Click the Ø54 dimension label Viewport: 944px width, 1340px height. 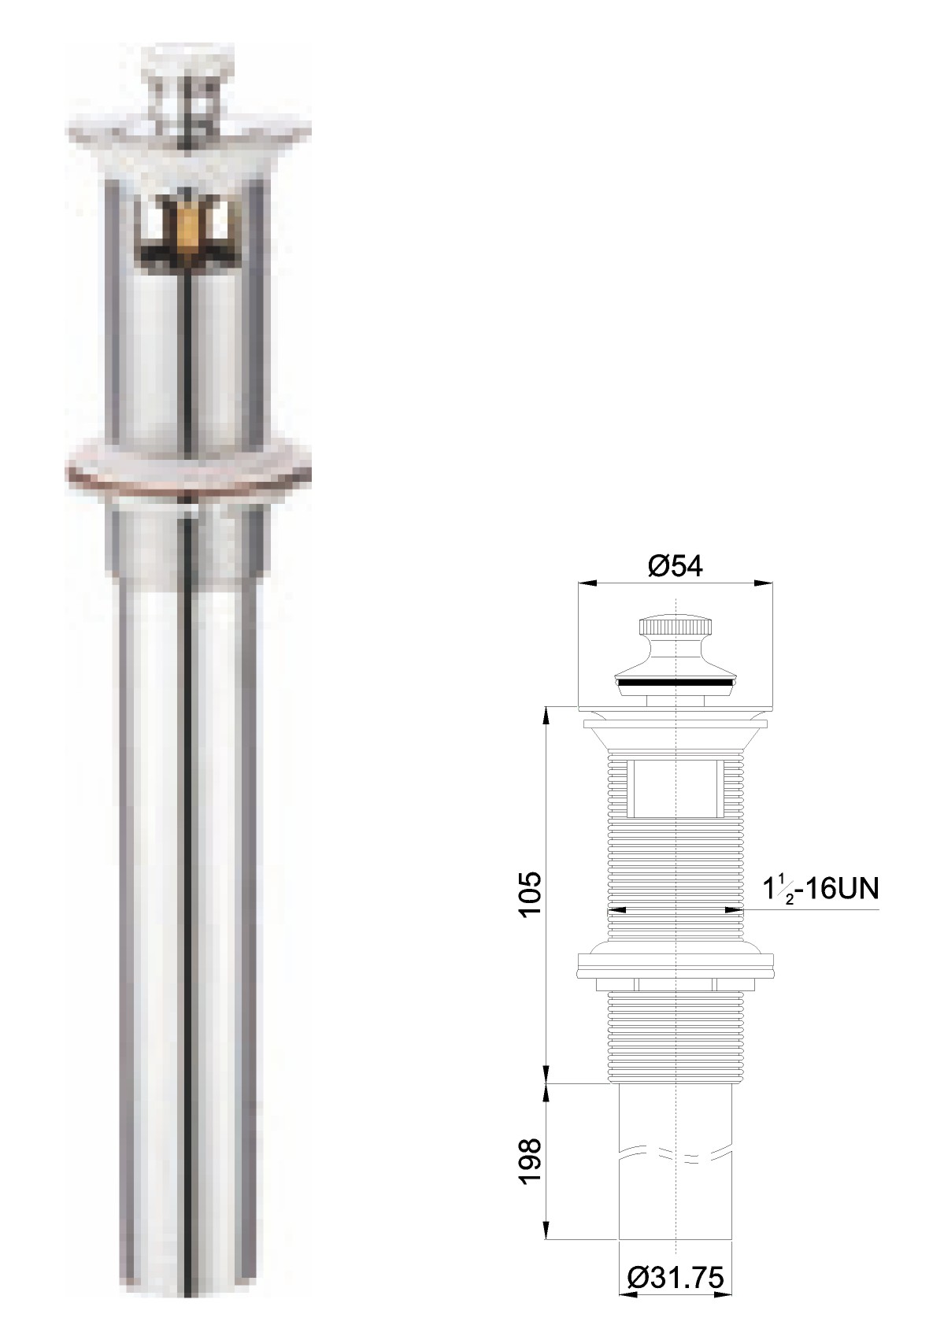676,566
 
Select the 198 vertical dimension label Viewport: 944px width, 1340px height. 530,1160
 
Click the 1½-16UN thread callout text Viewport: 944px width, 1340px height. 820,890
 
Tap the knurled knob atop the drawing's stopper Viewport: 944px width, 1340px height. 676,627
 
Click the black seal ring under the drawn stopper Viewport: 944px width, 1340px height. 676,681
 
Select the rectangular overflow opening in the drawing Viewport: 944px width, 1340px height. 675,788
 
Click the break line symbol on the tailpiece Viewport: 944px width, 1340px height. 675,1154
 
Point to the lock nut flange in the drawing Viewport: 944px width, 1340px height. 675,965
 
